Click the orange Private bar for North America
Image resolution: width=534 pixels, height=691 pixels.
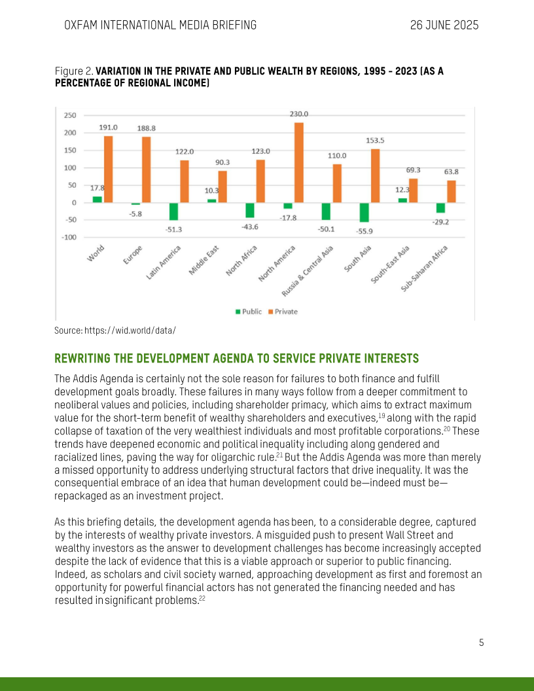pyautogui.click(x=299, y=162)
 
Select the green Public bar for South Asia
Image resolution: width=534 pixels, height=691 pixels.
pyautogui.click(x=364, y=213)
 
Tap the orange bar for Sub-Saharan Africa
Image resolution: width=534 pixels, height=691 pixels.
pyautogui.click(x=452, y=191)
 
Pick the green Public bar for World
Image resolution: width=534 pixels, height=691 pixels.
pyautogui.click(x=97, y=199)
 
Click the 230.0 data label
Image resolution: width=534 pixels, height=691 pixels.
pyautogui.click(x=299, y=115)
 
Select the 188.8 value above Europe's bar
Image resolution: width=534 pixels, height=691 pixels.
pyautogui.click(x=146, y=129)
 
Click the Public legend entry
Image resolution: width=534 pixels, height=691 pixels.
pyautogui.click(x=248, y=311)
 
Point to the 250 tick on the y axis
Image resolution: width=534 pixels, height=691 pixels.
pyautogui.click(x=69, y=115)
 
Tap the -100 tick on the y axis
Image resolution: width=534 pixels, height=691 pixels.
pyautogui.click(x=67, y=237)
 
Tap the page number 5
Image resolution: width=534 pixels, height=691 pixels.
pyautogui.click(x=481, y=642)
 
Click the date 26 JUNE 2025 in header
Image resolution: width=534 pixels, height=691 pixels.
pyautogui.click(x=444, y=26)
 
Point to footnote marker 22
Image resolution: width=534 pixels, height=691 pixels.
pyautogui.click(x=202, y=597)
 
